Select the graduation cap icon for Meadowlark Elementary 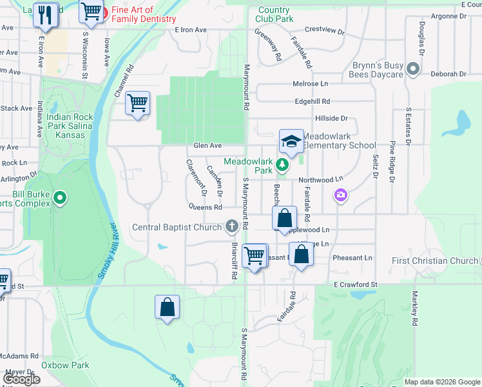[291, 141]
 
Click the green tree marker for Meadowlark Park [282, 165]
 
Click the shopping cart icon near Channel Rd [138, 103]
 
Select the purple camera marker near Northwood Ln [340, 194]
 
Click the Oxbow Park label [65, 365]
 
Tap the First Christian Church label [435, 261]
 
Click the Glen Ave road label [207, 146]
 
